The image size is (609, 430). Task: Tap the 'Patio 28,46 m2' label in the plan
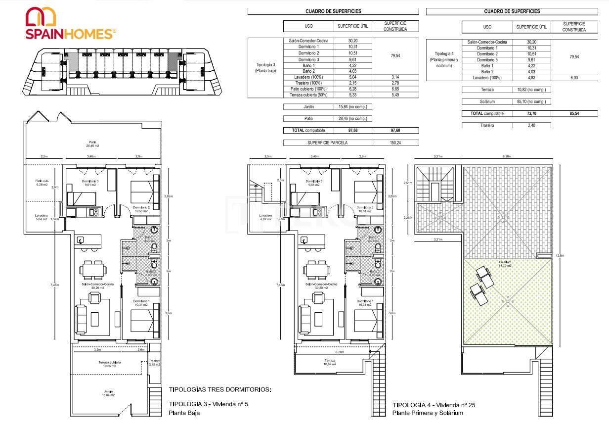93,143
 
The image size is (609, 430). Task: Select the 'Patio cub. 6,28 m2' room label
42,183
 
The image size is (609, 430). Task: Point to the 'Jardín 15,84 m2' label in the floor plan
108,393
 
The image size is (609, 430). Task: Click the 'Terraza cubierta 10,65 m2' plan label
110,364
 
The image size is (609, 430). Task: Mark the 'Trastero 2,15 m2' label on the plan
154,363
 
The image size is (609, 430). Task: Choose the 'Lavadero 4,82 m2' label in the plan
265,217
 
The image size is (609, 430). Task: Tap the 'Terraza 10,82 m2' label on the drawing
330,362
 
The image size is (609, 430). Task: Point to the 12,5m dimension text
560,256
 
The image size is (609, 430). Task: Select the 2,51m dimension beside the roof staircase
408,183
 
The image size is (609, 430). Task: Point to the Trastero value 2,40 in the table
531,125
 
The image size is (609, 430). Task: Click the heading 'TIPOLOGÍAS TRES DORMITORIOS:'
220,389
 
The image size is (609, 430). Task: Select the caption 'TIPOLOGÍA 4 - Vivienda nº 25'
434,405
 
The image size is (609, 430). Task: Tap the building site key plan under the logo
123,72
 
